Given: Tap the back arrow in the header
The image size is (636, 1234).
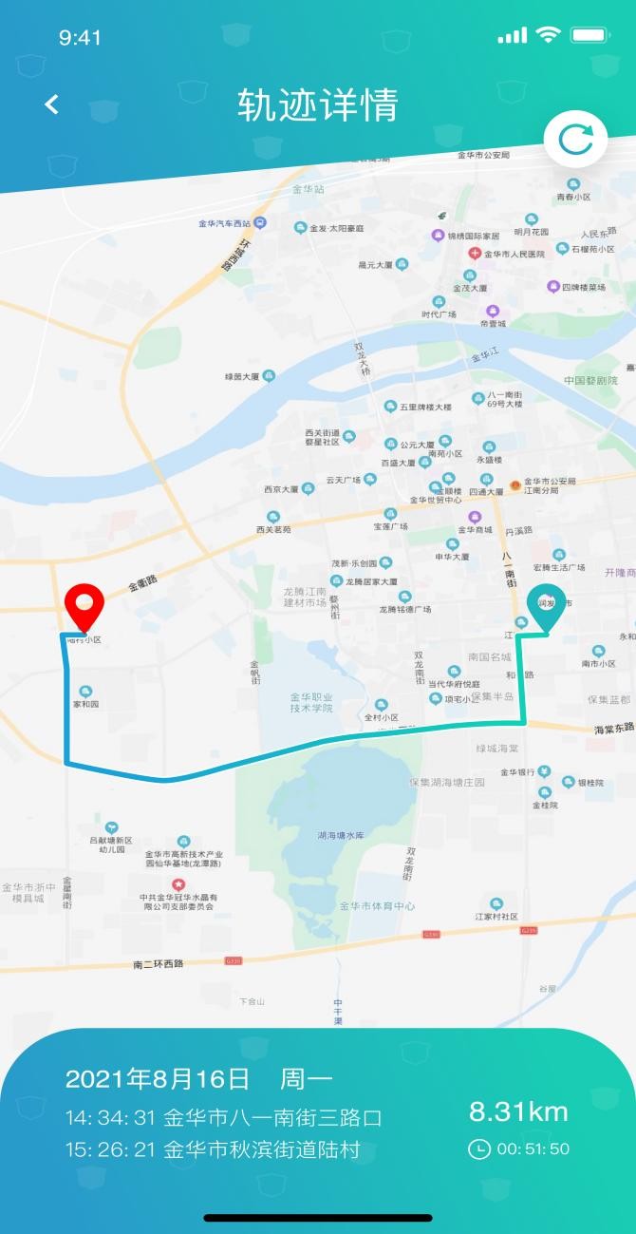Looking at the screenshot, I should pyautogui.click(x=52, y=104).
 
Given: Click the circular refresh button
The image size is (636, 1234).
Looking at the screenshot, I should pyautogui.click(x=575, y=141).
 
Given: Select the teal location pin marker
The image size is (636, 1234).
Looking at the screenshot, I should pyautogui.click(x=546, y=608).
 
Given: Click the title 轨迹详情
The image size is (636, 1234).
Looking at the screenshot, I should pyautogui.click(x=318, y=104).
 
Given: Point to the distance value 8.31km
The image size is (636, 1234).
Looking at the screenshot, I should pyautogui.click(x=518, y=1111).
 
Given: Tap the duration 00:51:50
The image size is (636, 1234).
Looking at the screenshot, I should pyautogui.click(x=532, y=1149).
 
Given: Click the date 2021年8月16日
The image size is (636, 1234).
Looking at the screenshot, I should pyautogui.click(x=158, y=1079).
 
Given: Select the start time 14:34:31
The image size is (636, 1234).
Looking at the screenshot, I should pyautogui.click(x=110, y=1116).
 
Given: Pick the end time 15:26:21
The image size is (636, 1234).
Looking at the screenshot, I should pyautogui.click(x=110, y=1149).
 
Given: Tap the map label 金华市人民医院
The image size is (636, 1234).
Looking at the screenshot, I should pyautogui.click(x=514, y=254).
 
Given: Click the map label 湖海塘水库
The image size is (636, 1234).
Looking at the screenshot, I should pyautogui.click(x=341, y=835).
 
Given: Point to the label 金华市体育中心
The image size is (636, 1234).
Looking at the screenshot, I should pyautogui.click(x=377, y=906).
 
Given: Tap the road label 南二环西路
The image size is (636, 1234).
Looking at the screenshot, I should pyautogui.click(x=159, y=963).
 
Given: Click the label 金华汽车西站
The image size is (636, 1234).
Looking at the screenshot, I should pyautogui.click(x=225, y=224).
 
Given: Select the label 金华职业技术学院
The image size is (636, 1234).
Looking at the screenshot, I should pyautogui.click(x=311, y=702).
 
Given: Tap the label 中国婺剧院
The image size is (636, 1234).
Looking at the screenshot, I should pyautogui.click(x=591, y=380).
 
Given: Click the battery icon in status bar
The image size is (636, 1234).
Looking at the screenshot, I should pyautogui.click(x=589, y=36).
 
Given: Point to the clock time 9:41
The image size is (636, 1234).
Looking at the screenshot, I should pyautogui.click(x=80, y=38).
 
